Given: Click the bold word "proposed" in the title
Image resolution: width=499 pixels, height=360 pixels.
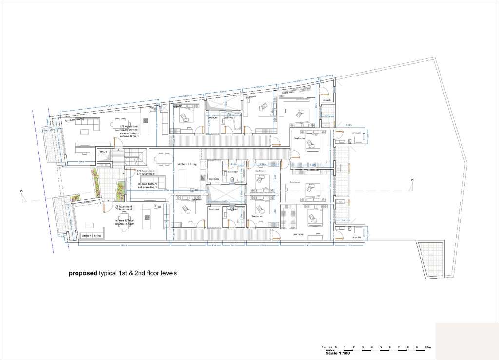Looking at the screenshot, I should pyautogui.click(x=82, y=273).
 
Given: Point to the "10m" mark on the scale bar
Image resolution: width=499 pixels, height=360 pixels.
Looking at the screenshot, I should pyautogui.click(x=427, y=347).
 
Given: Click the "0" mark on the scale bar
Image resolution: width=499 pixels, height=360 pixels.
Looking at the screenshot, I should pyautogui.click(x=336, y=347).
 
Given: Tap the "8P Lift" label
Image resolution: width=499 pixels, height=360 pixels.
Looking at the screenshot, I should pyautogui.click(x=103, y=152).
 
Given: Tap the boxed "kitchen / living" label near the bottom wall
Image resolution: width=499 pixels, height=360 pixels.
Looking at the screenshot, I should pyautogui.click(x=91, y=236).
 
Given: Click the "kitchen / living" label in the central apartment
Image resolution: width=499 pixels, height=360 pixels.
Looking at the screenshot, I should pyautogui.click(x=187, y=164).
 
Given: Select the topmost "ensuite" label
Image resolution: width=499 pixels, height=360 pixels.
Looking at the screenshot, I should pyautogui.click(x=328, y=100).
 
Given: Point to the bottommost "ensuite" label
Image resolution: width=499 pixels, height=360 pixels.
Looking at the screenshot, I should pyautogui.click(x=356, y=237).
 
